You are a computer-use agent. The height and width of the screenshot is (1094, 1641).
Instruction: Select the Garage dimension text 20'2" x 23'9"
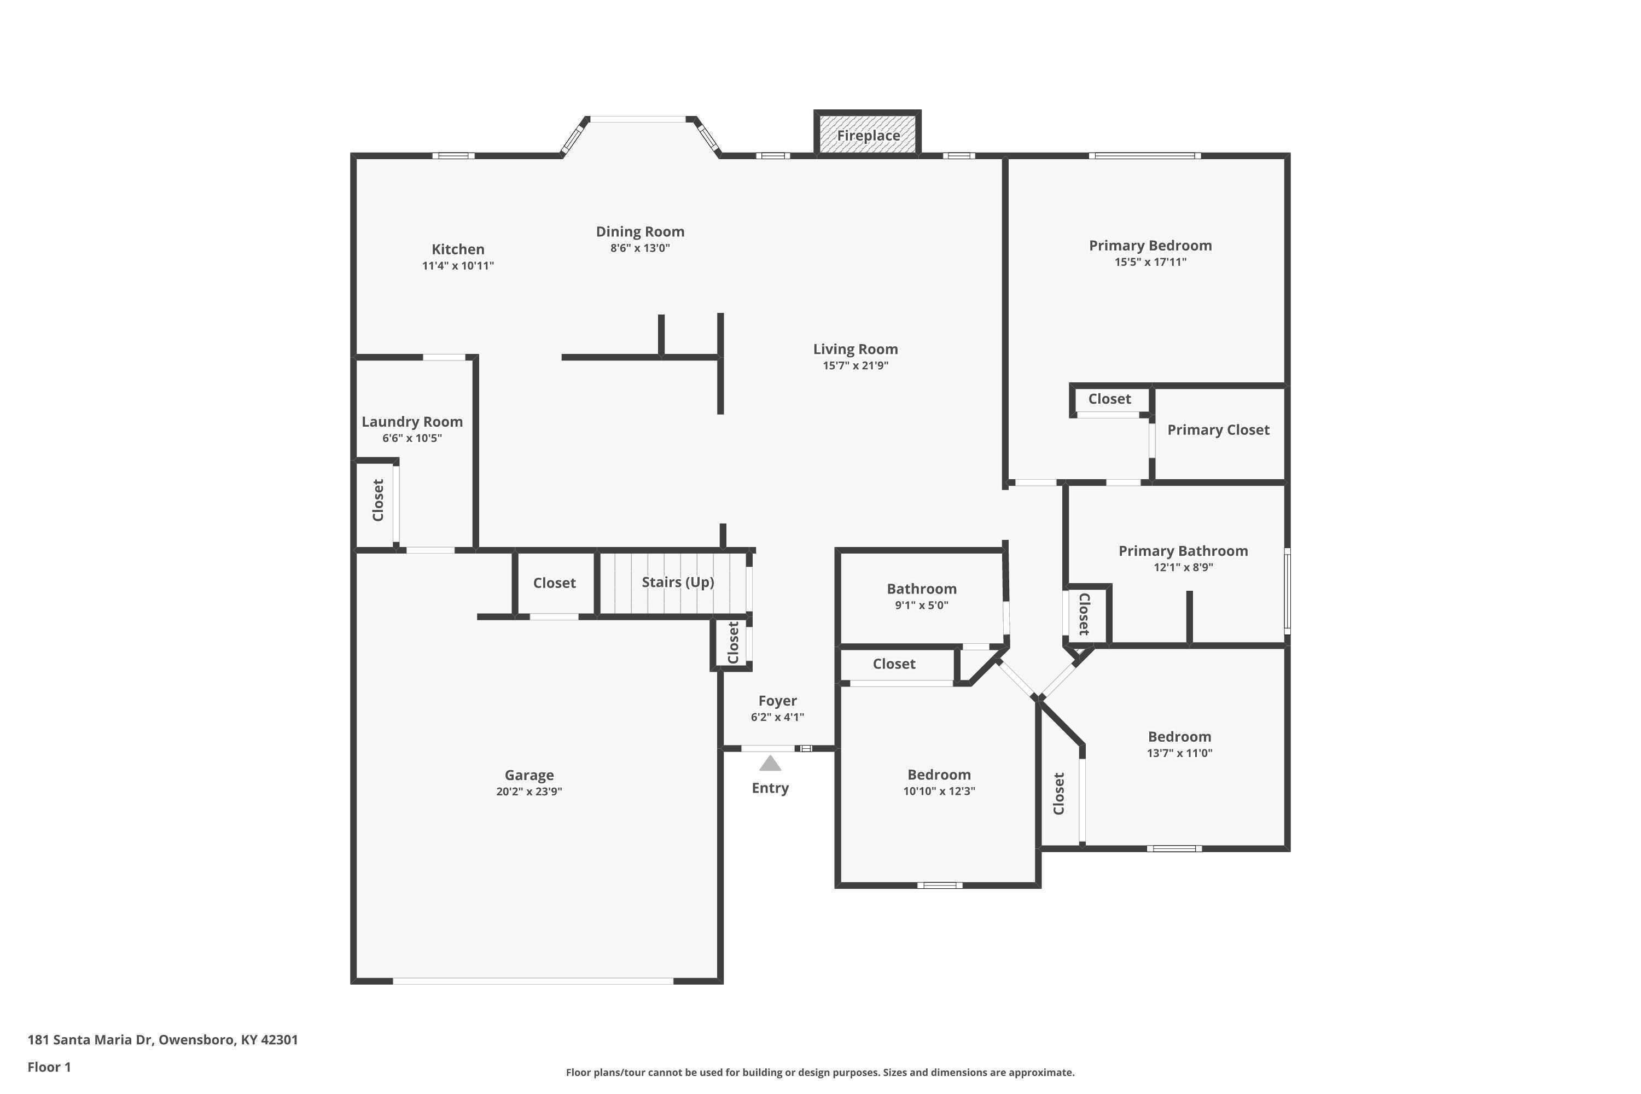[x=529, y=791]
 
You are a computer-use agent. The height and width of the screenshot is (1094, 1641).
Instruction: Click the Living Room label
[x=856, y=349]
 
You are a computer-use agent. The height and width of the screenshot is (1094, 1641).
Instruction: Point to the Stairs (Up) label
[x=678, y=582]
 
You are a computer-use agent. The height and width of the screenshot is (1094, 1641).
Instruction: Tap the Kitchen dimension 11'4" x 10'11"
[x=458, y=266]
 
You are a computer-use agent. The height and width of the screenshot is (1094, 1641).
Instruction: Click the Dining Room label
[x=640, y=231]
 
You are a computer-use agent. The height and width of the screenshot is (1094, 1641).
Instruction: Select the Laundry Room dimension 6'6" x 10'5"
[x=412, y=438]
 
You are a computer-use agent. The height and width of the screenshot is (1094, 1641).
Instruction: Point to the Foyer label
[x=777, y=701]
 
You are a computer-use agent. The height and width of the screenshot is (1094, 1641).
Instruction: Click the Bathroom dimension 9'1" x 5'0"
[x=922, y=605]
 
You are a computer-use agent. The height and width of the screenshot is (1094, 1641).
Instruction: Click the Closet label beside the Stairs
[x=554, y=583]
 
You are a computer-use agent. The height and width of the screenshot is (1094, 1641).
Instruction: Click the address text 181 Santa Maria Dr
[x=90, y=1040]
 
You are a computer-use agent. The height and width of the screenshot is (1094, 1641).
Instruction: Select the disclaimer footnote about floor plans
[x=820, y=1072]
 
